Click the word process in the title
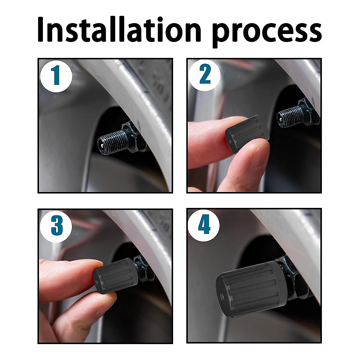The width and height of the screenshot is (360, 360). point(267,32)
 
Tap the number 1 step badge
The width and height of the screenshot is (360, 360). point(56,76)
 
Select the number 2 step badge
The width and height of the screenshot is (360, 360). point(205,75)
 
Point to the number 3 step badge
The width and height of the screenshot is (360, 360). point(56,226)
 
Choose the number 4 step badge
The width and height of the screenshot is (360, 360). point(204,225)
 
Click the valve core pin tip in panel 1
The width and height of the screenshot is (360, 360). point(102,145)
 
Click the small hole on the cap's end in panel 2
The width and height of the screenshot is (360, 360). point(230,140)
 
